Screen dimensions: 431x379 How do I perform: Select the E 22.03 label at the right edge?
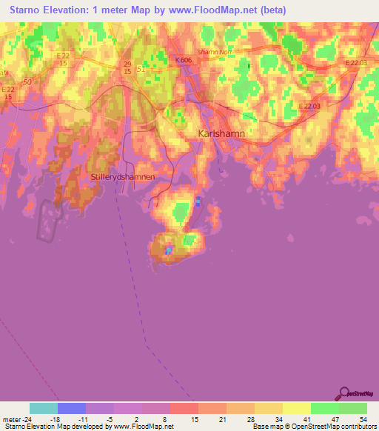(356, 64)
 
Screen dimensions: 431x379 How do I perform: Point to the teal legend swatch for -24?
(44, 408)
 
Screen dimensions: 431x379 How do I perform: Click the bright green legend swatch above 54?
(352, 408)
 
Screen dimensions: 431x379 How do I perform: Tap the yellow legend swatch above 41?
(296, 408)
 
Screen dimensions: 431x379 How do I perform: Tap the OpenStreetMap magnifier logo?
(343, 393)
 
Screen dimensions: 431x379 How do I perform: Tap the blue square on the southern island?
(170, 250)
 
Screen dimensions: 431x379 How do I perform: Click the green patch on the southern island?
(190, 239)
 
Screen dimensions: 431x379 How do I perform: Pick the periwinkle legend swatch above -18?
(72, 408)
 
